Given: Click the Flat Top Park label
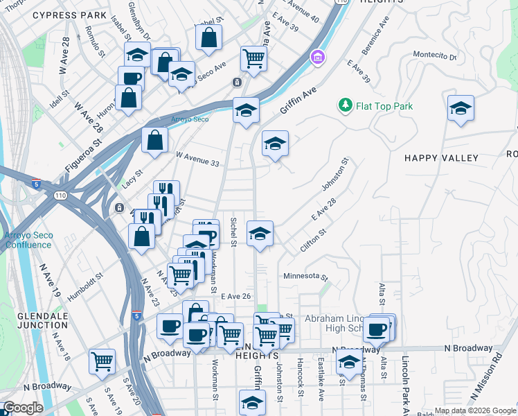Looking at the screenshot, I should (x=384, y=106).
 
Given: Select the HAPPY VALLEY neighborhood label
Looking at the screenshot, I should (x=441, y=158).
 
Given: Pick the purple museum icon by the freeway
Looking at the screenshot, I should (x=318, y=56).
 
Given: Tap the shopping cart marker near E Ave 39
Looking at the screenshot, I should (x=254, y=58).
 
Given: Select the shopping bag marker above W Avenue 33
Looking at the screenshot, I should (x=155, y=139).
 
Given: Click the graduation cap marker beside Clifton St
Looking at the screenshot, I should (x=260, y=234).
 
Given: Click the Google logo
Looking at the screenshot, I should (x=22, y=408).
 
